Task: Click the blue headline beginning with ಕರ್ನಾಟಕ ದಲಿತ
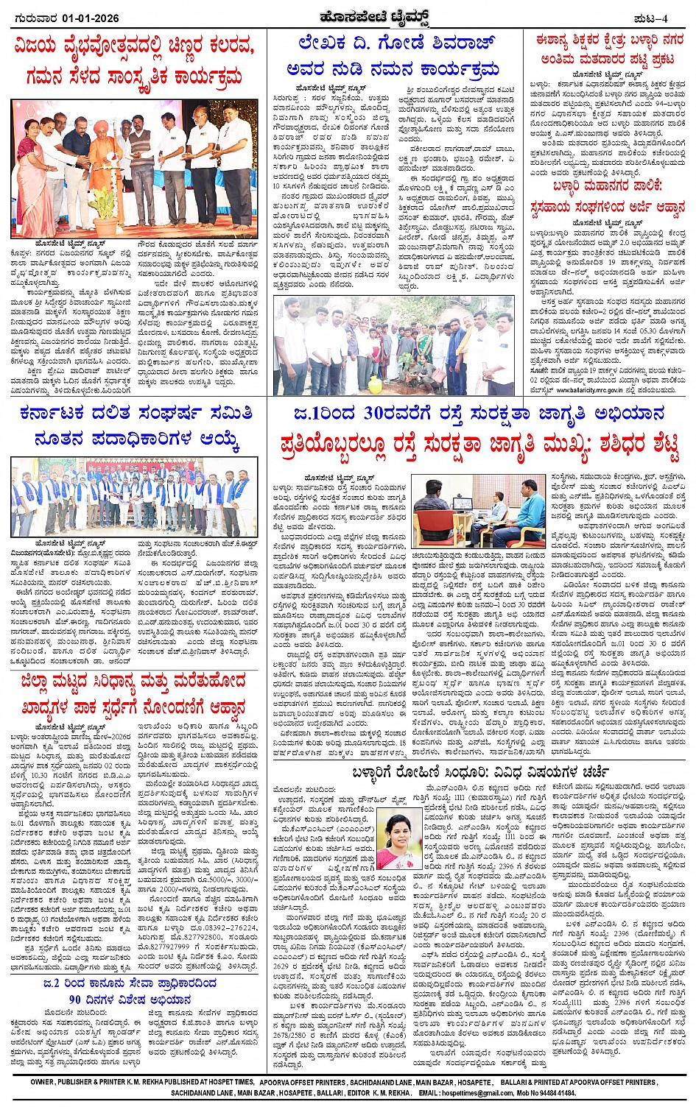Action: tap(136, 413)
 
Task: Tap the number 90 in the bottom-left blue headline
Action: tap(75, 1000)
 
